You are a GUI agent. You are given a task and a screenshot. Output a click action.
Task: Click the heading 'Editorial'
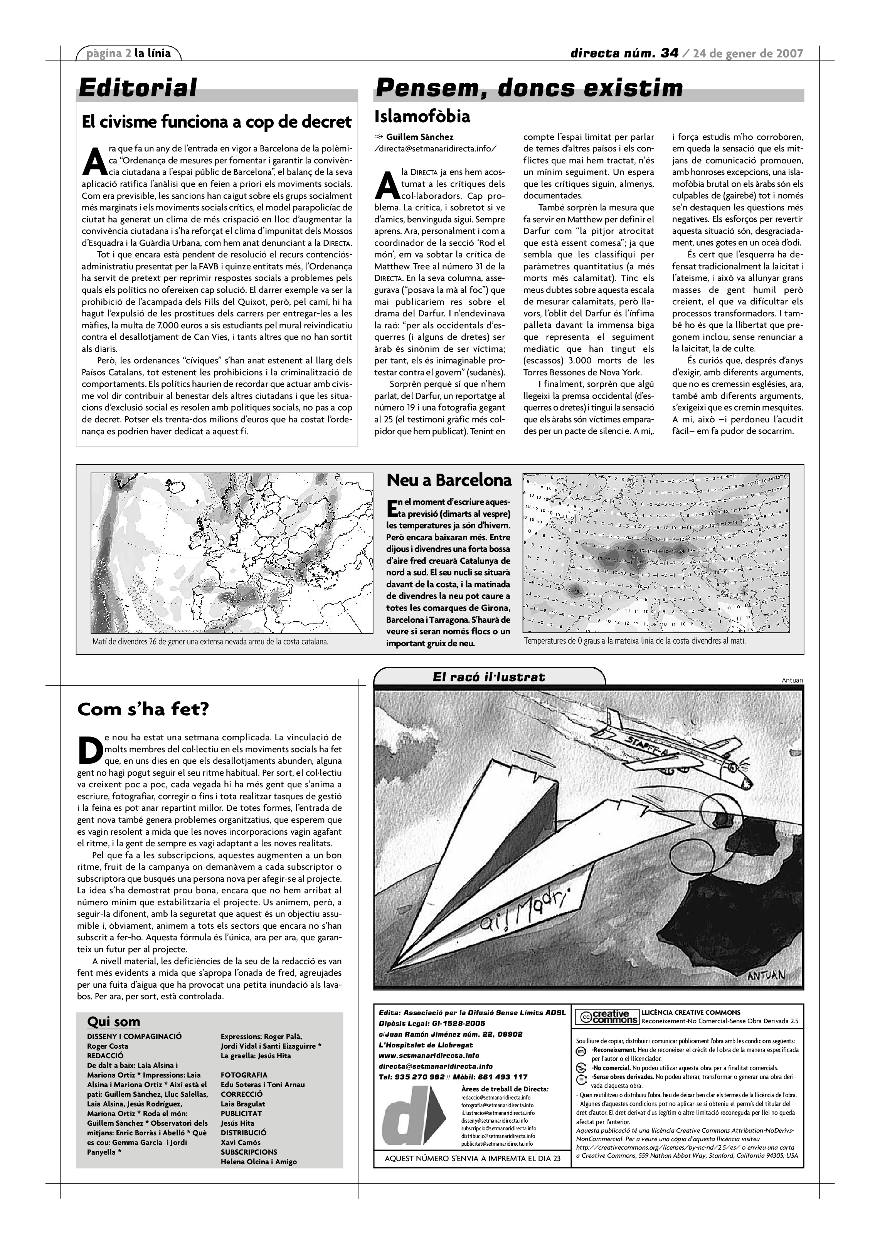tap(138, 88)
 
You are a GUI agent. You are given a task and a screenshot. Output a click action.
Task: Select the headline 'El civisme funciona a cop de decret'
tap(216, 122)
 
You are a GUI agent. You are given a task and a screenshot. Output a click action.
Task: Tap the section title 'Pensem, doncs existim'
tap(529, 88)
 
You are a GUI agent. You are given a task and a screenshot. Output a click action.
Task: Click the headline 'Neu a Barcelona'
tap(449, 480)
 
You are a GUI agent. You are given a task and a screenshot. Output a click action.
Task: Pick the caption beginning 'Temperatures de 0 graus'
tap(634, 640)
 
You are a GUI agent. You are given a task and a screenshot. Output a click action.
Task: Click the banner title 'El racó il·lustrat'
tap(489, 677)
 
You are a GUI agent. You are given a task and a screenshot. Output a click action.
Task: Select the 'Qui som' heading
tap(113, 1022)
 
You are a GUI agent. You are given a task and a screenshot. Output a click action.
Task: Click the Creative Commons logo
tap(606, 1017)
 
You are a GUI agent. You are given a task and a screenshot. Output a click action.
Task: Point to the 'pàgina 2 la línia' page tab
tap(128, 53)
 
